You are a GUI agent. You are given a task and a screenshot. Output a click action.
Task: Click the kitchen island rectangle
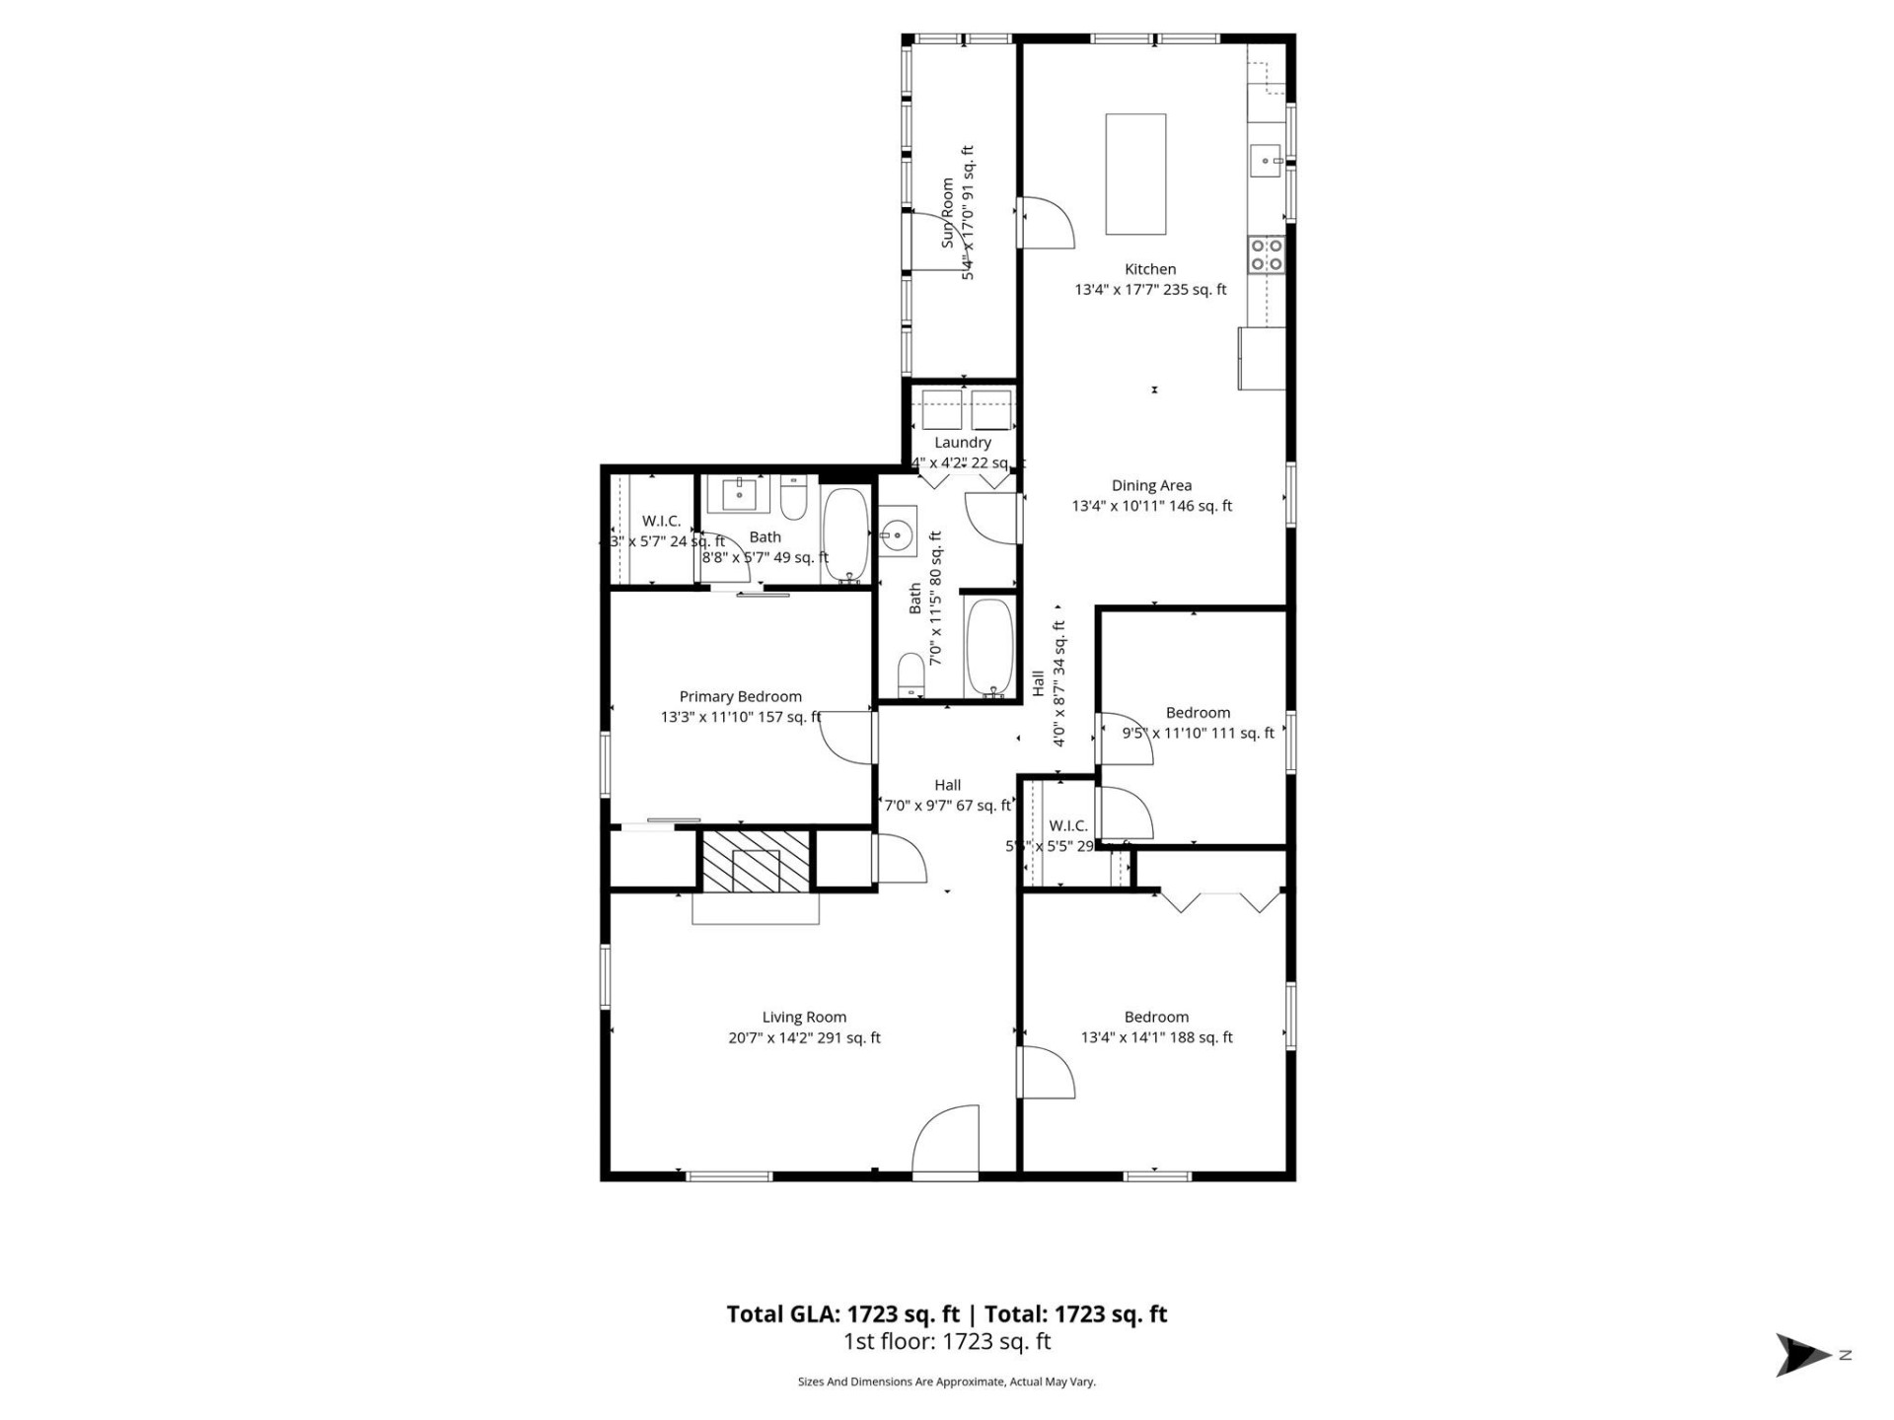1135,174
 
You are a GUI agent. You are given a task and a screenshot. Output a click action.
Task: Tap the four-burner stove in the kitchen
1266,254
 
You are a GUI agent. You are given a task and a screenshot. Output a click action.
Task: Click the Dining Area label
1151,485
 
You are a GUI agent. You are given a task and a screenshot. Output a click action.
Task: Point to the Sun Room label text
948,213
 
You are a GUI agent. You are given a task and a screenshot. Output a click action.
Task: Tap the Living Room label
804,1017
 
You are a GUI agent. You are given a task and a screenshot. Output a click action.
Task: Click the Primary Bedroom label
740,696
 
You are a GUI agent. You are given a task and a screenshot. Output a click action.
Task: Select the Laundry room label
962,443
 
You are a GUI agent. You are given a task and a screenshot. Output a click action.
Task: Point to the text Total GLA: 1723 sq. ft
842,1313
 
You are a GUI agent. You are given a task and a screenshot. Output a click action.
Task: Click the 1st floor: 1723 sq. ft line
947,1341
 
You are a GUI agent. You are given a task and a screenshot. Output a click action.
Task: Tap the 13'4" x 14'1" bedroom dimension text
1156,1037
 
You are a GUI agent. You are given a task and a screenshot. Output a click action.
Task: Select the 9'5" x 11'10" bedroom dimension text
1198,733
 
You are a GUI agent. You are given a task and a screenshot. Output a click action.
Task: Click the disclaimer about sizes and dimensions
947,1382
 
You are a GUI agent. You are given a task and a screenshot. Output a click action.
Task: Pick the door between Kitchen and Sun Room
1046,224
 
